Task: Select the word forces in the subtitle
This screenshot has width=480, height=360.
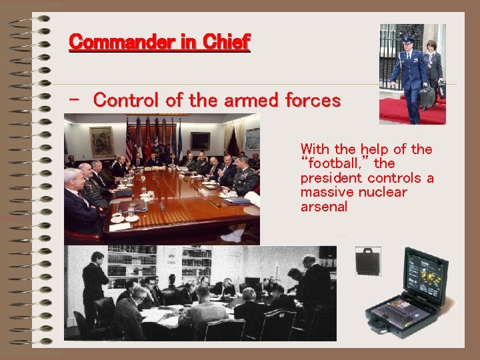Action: pyautogui.click(x=313, y=101)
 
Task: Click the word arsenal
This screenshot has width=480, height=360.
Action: pyautogui.click(x=324, y=207)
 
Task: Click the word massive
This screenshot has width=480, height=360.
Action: pyautogui.click(x=325, y=192)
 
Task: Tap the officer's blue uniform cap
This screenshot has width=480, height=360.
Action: pyautogui.click(x=407, y=39)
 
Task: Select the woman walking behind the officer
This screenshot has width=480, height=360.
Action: pyautogui.click(x=433, y=67)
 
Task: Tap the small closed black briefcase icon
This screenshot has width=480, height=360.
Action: pyautogui.click(x=367, y=261)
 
